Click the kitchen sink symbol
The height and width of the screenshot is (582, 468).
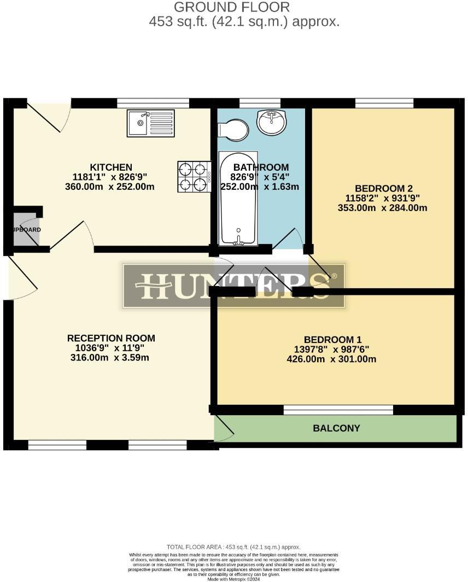pyautogui.click(x=151, y=123)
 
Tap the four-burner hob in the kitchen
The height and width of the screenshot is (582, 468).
pyautogui.click(x=194, y=177)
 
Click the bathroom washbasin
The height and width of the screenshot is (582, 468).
pyautogui.click(x=271, y=122)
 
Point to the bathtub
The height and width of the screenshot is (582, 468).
pyautogui.click(x=238, y=198)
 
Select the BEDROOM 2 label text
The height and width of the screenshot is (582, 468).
pyautogui.click(x=383, y=188)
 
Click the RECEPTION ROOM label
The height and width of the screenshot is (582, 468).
pyautogui.click(x=111, y=338)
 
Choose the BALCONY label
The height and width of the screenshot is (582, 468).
pyautogui.click(x=336, y=428)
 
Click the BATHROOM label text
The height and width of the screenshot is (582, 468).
pyautogui.click(x=261, y=167)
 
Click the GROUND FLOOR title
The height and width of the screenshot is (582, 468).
pyautogui.click(x=232, y=7)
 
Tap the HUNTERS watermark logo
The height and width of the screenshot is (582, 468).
pyautogui.click(x=234, y=286)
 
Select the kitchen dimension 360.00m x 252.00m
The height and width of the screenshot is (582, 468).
pyautogui.click(x=110, y=187)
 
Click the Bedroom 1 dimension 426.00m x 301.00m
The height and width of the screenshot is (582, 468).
pyautogui.click(x=331, y=359)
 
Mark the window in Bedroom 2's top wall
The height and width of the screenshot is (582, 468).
pyautogui.click(x=384, y=103)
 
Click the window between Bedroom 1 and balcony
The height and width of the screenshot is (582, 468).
pyautogui.click(x=338, y=410)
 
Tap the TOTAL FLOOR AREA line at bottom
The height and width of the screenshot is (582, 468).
pyautogui.click(x=233, y=547)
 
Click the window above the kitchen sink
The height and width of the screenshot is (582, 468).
pyautogui.click(x=153, y=103)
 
